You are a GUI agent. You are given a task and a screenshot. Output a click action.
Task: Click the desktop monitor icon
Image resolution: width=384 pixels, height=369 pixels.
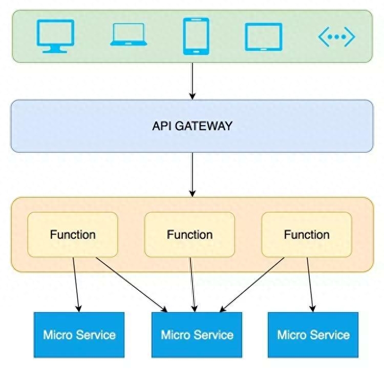[55, 36]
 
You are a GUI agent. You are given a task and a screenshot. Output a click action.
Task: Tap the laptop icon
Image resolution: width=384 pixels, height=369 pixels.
[129, 34]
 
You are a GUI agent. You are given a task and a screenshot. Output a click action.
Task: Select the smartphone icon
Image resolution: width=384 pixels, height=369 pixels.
[196, 36]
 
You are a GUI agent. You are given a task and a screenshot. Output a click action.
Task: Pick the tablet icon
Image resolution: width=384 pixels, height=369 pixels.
[264, 37]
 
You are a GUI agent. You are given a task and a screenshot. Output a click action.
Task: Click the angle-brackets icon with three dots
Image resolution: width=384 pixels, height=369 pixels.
[336, 37]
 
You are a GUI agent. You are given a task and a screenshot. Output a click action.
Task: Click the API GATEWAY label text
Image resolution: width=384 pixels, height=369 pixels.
[192, 126]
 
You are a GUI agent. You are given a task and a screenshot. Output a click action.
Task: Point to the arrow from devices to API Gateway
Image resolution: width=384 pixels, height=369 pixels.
[193, 81]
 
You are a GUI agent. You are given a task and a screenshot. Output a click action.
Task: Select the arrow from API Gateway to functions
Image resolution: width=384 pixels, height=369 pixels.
[193, 175]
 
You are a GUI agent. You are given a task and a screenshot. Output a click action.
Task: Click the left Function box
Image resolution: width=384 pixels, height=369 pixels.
[73, 235]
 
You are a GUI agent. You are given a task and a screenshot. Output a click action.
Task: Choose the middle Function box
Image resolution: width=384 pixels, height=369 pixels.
[190, 235]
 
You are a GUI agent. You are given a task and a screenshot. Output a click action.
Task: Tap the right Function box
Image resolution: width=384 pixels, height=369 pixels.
[307, 235]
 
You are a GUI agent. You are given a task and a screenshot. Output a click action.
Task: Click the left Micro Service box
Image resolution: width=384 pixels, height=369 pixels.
[79, 335]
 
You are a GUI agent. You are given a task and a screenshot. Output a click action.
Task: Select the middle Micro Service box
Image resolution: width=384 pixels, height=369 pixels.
[197, 335]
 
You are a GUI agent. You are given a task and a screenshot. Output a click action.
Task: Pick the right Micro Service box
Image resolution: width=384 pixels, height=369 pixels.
[313, 335]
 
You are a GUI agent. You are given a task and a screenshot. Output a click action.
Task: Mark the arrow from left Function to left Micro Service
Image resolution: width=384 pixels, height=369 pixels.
[76, 285]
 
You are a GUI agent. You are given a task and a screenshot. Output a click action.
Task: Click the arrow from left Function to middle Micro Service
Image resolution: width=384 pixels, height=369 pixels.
[132, 285]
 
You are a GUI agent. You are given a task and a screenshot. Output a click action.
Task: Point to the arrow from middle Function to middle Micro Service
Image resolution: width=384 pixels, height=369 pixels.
[193, 285]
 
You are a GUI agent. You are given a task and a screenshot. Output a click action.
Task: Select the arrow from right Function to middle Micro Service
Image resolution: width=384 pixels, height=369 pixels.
[252, 285]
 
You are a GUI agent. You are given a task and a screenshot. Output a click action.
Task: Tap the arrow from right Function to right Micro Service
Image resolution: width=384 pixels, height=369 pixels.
[310, 285]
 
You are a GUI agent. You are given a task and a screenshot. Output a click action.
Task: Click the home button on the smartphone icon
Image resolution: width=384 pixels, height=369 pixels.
[196, 52]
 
